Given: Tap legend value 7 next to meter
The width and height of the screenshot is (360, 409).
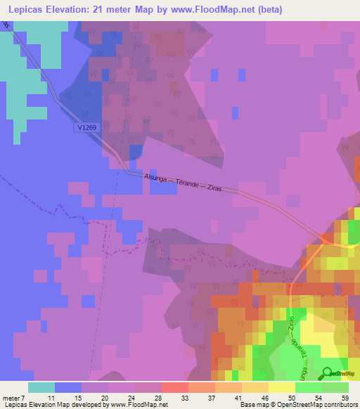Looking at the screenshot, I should click(22, 397).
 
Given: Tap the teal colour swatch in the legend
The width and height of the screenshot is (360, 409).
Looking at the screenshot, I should click(41, 387).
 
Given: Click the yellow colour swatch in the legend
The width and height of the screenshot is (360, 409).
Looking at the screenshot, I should click(281, 387).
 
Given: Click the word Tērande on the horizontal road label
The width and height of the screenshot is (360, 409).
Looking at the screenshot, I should click(190, 182).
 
